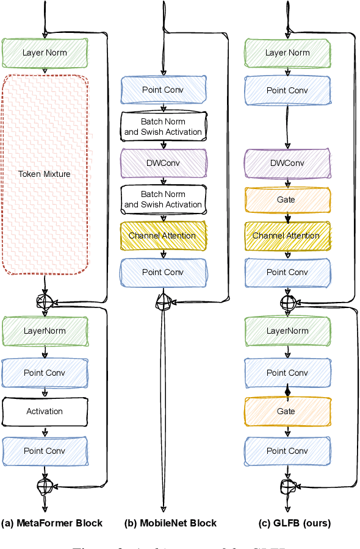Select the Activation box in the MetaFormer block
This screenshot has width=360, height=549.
(45, 411)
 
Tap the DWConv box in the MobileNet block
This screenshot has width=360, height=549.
(164, 163)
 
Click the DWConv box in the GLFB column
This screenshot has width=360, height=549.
(287, 163)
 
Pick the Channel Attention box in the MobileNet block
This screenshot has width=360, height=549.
(164, 235)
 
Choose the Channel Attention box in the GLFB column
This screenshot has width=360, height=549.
(287, 235)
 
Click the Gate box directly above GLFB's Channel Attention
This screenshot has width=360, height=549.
(287, 199)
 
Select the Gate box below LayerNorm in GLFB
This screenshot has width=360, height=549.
(287, 411)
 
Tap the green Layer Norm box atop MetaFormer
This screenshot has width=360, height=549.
(45, 52)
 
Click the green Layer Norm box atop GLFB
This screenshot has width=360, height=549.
(287, 52)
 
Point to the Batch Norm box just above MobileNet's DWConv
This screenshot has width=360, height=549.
(164, 126)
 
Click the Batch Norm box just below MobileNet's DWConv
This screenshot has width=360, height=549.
(164, 199)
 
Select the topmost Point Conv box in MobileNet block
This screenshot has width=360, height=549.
(164, 90)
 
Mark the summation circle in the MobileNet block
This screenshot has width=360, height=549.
(164, 300)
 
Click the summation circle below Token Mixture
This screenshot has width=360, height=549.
(45, 301)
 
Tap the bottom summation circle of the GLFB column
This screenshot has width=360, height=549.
(287, 486)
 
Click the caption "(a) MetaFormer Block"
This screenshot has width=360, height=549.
(52, 523)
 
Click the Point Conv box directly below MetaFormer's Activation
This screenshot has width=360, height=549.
(45, 451)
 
